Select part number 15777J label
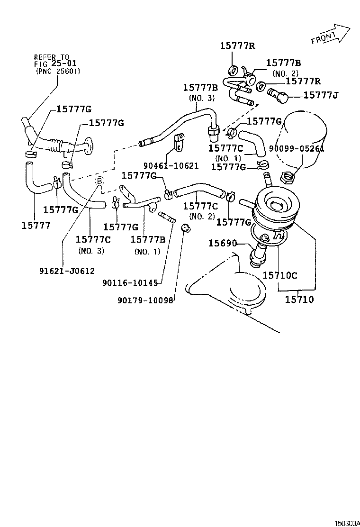(x=320, y=95)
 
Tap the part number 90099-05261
(x=297, y=148)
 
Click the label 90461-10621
(x=171, y=165)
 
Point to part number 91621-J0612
(x=67, y=271)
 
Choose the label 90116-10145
(x=129, y=283)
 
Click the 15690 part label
(x=222, y=243)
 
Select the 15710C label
(x=280, y=275)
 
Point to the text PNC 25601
(x=58, y=71)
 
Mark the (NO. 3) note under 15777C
(x=91, y=250)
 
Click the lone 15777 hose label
(x=36, y=225)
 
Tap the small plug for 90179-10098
(x=186, y=230)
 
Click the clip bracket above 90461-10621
(x=179, y=142)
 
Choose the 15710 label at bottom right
(x=299, y=299)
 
